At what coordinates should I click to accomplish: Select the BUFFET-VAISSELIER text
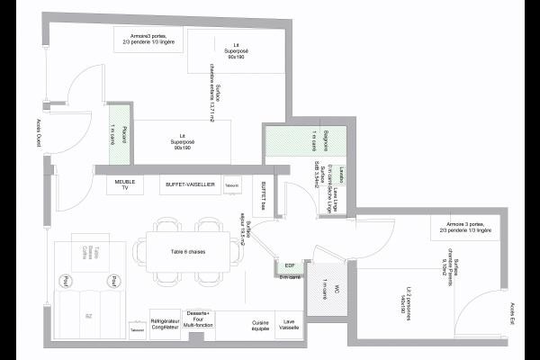[190, 184]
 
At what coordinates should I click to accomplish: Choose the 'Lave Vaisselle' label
[289, 325]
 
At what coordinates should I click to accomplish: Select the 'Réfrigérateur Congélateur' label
[165, 325]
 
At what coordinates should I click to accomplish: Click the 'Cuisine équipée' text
[261, 325]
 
